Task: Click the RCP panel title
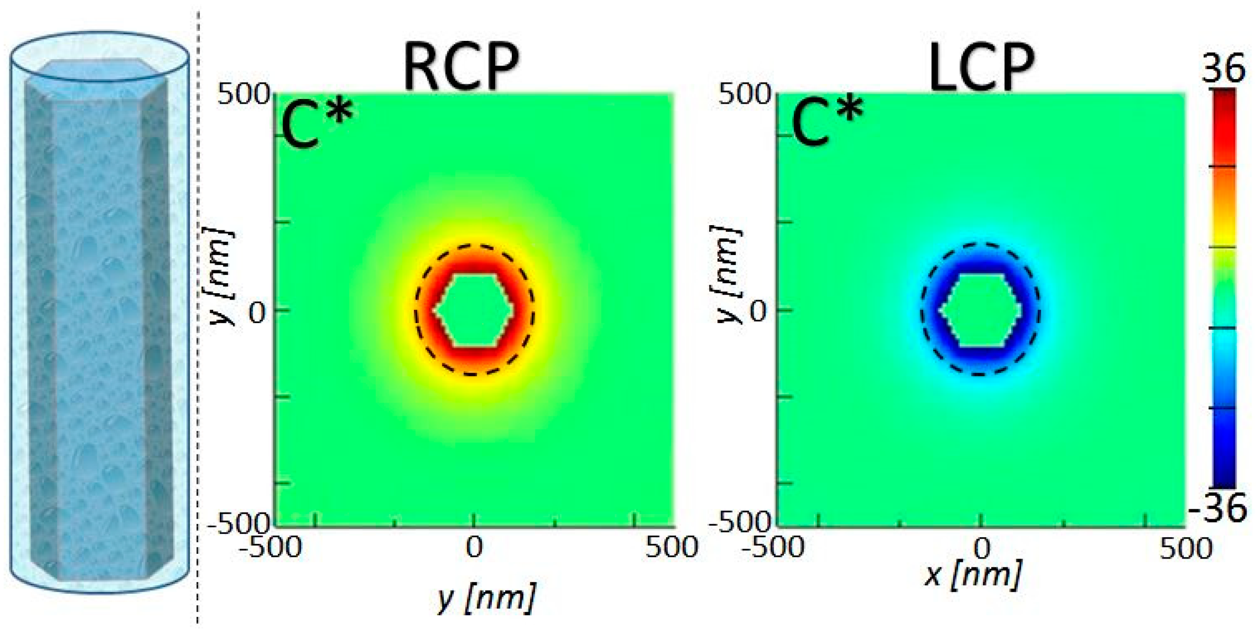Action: point(461,67)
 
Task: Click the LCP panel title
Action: point(981,67)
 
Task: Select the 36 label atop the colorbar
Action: point(1223,68)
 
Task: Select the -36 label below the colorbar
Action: point(1218,508)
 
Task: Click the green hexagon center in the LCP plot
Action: point(980,310)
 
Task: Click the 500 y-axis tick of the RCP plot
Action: point(243,95)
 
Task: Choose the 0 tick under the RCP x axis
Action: point(474,547)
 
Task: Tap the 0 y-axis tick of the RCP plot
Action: point(257,313)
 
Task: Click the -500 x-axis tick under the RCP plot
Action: point(271,547)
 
